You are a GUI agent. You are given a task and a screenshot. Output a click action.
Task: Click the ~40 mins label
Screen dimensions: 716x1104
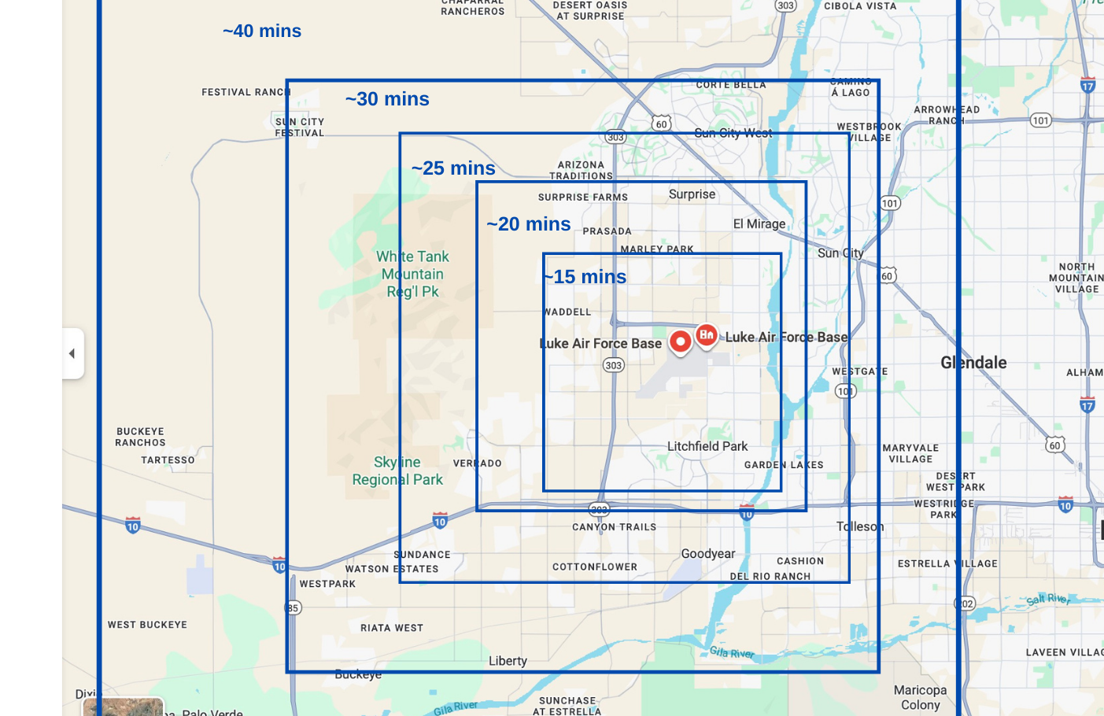pos(262,31)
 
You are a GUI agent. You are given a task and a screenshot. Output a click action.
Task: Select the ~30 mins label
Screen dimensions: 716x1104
pos(387,99)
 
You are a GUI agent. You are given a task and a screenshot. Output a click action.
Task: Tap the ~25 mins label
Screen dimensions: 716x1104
pos(453,168)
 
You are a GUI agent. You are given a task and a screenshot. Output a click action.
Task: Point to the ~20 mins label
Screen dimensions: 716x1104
pos(529,224)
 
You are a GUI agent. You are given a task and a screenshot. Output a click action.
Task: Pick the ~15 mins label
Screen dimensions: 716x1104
pos(586,277)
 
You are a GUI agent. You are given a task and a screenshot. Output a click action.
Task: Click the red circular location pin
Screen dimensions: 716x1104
pos(681,341)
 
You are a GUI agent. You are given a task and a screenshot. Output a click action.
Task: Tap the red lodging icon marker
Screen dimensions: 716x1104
pos(707,334)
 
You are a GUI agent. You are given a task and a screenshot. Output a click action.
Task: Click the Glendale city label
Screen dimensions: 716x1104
pos(973,363)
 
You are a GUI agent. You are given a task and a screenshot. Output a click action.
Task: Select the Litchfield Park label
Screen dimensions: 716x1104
pos(707,446)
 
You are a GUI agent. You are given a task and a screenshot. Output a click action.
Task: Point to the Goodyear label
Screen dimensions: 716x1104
pos(708,554)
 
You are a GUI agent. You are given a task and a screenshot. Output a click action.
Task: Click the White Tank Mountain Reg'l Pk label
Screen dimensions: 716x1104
pos(412,274)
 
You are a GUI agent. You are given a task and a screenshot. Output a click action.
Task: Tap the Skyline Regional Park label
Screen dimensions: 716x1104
pos(397,471)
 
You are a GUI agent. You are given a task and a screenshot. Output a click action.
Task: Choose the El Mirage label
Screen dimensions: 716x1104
pos(759,224)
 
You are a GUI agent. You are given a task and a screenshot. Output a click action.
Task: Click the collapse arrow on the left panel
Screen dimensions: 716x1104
pos(72,353)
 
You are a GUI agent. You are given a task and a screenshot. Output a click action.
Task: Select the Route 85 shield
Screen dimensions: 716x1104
pos(293,607)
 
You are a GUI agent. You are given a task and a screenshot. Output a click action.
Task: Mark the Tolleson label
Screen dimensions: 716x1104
pos(860,526)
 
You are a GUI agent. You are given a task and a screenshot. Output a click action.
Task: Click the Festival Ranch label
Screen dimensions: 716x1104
pos(246,92)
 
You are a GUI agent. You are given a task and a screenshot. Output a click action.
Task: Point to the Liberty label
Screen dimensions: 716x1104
pos(508,661)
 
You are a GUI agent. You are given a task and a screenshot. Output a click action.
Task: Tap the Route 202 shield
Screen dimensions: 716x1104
pos(966,603)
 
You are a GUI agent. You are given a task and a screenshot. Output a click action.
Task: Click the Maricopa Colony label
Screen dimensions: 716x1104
pos(920,697)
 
